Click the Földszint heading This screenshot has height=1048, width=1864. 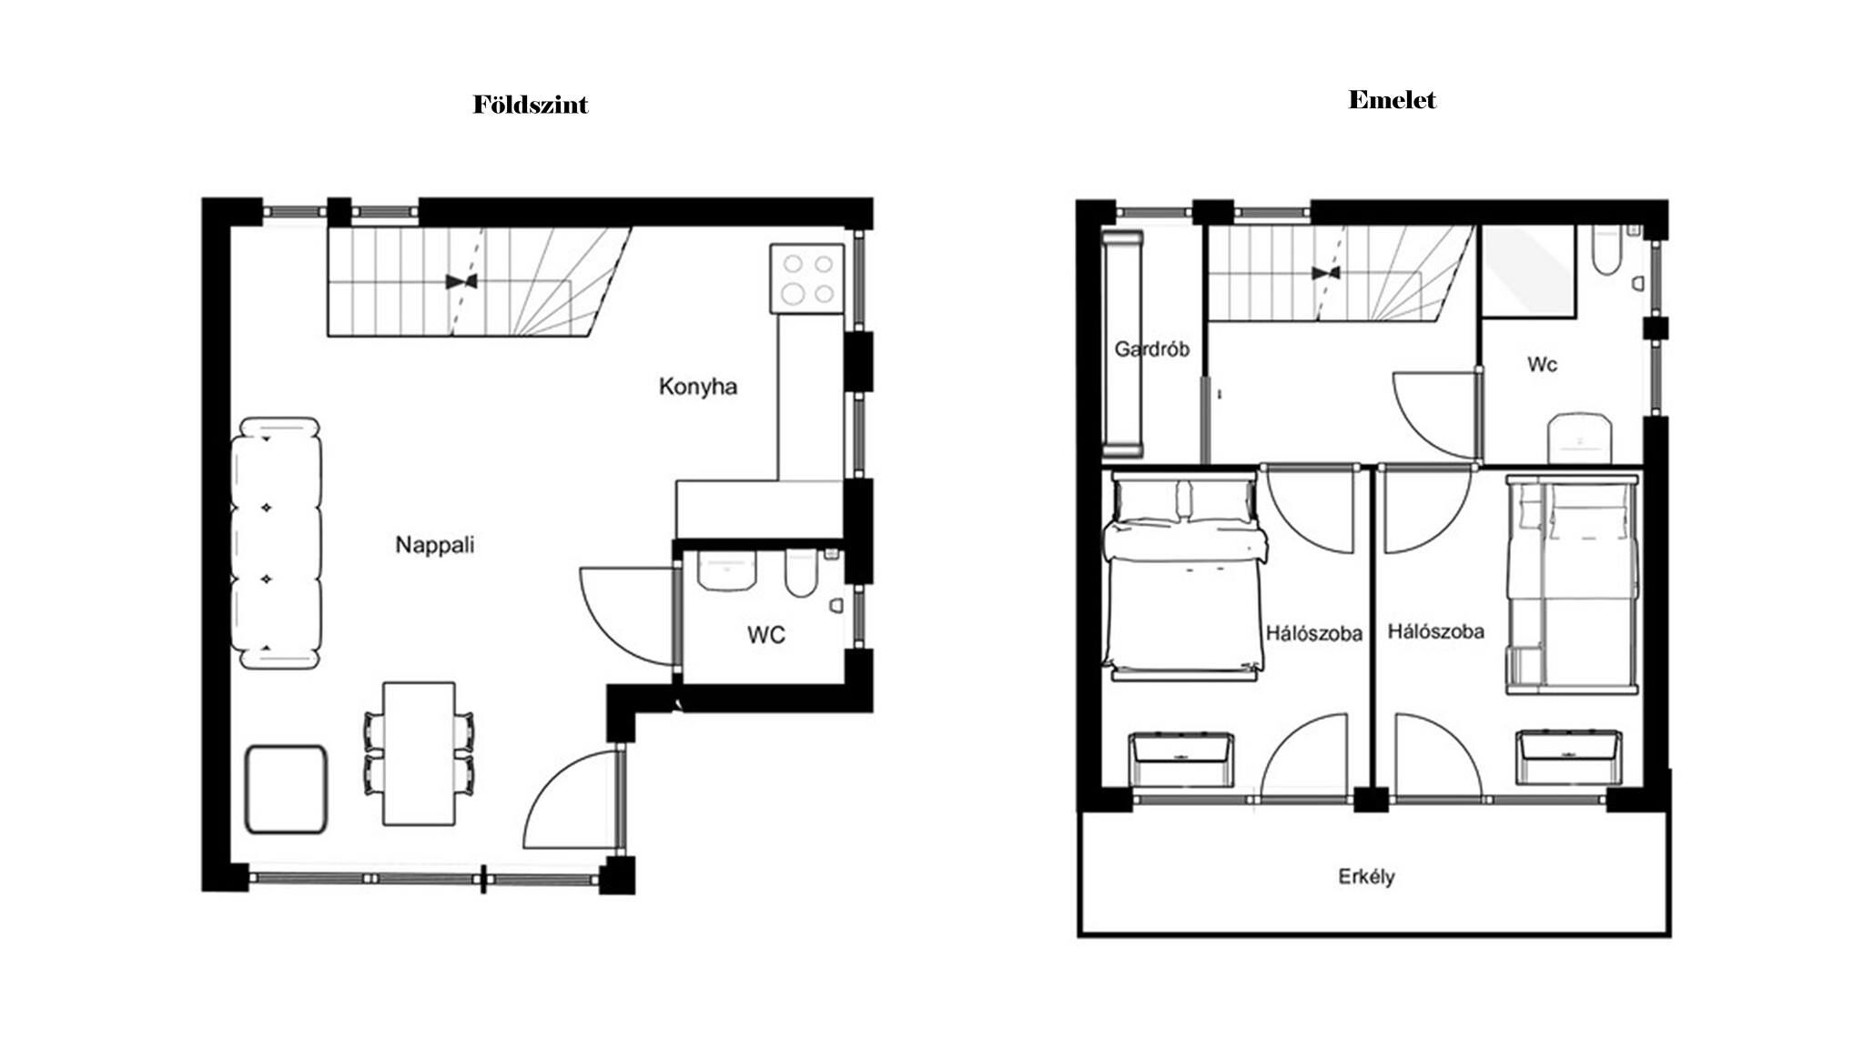click(x=531, y=105)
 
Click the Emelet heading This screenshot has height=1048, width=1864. click(x=1392, y=100)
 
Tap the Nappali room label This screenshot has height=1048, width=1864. click(x=435, y=545)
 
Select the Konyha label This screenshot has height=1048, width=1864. click(x=698, y=387)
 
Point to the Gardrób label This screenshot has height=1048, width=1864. click(x=1151, y=348)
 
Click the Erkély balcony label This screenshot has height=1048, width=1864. click(x=1366, y=877)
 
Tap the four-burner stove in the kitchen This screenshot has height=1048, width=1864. click(x=807, y=278)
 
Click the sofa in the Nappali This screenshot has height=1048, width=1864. click(x=276, y=543)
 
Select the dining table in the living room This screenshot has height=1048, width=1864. click(x=419, y=754)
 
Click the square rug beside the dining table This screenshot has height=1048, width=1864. click(x=287, y=790)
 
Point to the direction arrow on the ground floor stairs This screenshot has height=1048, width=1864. click(x=462, y=282)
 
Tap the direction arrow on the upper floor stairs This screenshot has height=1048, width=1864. click(x=1326, y=273)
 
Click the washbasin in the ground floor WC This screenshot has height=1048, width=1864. click(x=726, y=570)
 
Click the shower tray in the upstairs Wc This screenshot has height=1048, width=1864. click(x=1528, y=271)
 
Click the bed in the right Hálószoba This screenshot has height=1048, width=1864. click(x=1572, y=585)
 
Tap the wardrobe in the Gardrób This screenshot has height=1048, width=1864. click(x=1123, y=344)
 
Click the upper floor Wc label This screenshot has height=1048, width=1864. click(x=1542, y=365)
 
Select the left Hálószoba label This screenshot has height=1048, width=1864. click(x=1313, y=633)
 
